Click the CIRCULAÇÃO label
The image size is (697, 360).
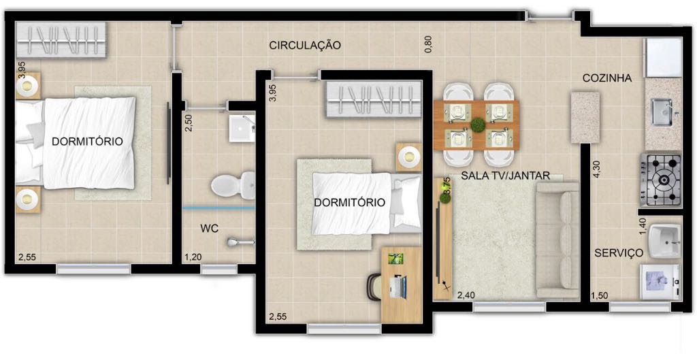tap(305, 46)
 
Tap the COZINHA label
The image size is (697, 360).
tap(607, 78)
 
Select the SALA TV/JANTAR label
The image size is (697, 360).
tap(506, 176)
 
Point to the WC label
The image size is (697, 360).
tap(209, 229)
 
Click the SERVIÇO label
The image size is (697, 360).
tap(619, 253)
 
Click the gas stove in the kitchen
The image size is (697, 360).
tap(661, 180)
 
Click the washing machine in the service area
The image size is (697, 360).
tap(660, 282)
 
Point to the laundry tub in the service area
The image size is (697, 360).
tap(664, 242)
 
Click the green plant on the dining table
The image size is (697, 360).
tap(478, 125)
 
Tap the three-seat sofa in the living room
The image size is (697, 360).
tap(558, 240)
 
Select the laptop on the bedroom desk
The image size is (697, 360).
tap(398, 286)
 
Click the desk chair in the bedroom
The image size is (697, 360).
tap(374, 287)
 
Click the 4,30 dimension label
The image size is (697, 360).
tap(597, 169)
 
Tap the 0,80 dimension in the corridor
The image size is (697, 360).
tap(428, 44)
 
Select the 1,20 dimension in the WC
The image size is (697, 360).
tap(193, 257)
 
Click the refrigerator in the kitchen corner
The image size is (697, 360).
tap(664, 57)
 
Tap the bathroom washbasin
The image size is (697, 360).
tap(242, 128)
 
